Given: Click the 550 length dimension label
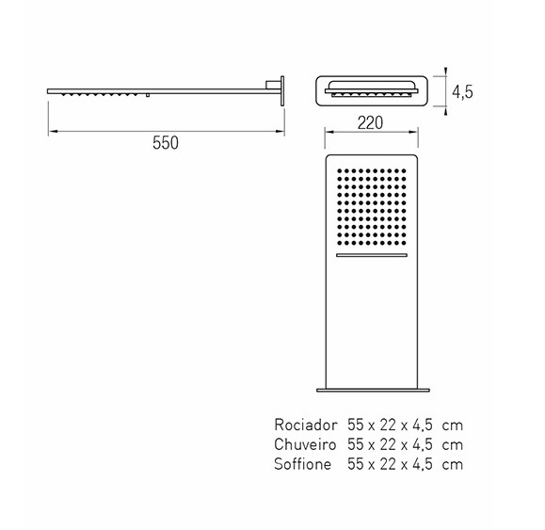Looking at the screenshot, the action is (x=166, y=143).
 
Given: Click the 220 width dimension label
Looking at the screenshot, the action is (x=370, y=122).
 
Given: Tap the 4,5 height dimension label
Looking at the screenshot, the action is (x=462, y=92).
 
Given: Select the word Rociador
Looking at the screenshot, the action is (x=306, y=425).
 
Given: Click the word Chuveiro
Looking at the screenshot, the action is (x=305, y=444).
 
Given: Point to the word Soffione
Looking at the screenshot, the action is (x=302, y=464).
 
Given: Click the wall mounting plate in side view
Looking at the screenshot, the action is (x=282, y=90).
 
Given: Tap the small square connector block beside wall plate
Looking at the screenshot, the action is (x=270, y=85).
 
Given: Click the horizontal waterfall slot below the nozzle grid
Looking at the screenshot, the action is (x=372, y=255).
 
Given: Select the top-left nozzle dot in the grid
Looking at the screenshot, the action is (x=339, y=171).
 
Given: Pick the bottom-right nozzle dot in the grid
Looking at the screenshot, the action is (x=404, y=243).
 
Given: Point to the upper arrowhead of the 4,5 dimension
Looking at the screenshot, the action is (x=446, y=72).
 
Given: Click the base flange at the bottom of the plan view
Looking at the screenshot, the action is (x=373, y=391).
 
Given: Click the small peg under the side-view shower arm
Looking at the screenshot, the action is (x=148, y=95).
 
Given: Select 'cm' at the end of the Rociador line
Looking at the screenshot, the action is (x=453, y=426).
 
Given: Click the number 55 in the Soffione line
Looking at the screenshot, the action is (x=355, y=464).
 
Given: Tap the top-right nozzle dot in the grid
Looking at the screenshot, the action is (x=404, y=171).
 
